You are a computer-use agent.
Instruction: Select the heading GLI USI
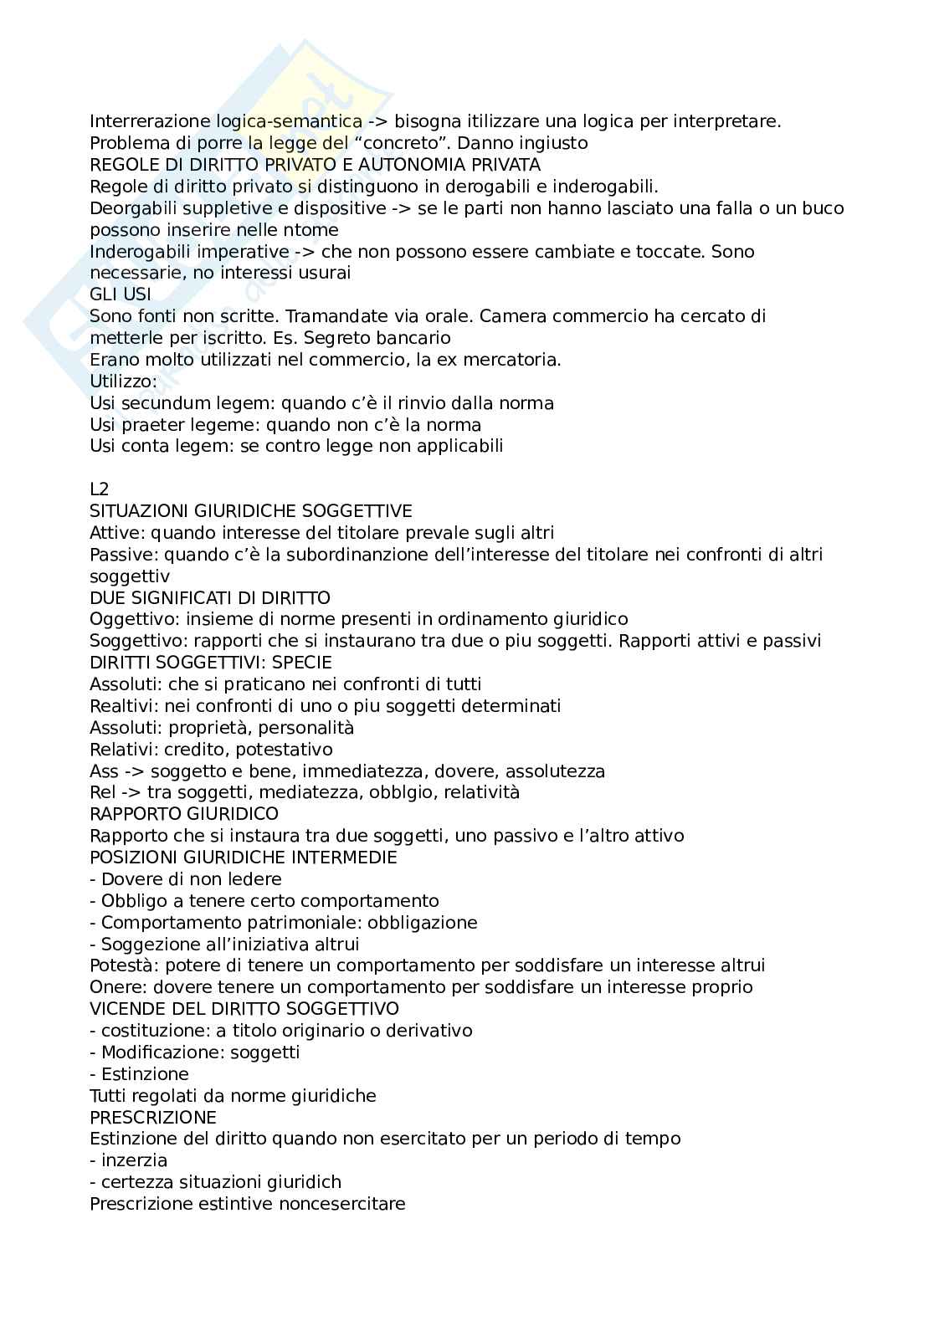pyautogui.click(x=121, y=294)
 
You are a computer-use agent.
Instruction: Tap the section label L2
pyautogui.click(x=100, y=489)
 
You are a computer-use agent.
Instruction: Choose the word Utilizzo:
pyautogui.click(x=123, y=381)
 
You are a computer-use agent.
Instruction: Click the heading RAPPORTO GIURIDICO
pyautogui.click(x=184, y=814)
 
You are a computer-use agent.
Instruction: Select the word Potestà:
pyautogui.click(x=123, y=965)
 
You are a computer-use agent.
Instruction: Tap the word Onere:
pyautogui.click(x=116, y=987)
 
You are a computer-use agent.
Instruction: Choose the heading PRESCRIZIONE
pyautogui.click(x=153, y=1118)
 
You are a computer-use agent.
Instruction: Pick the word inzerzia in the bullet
pyautogui.click(x=134, y=1160)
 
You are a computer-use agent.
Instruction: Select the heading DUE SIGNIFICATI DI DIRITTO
pyautogui.click(x=210, y=598)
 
